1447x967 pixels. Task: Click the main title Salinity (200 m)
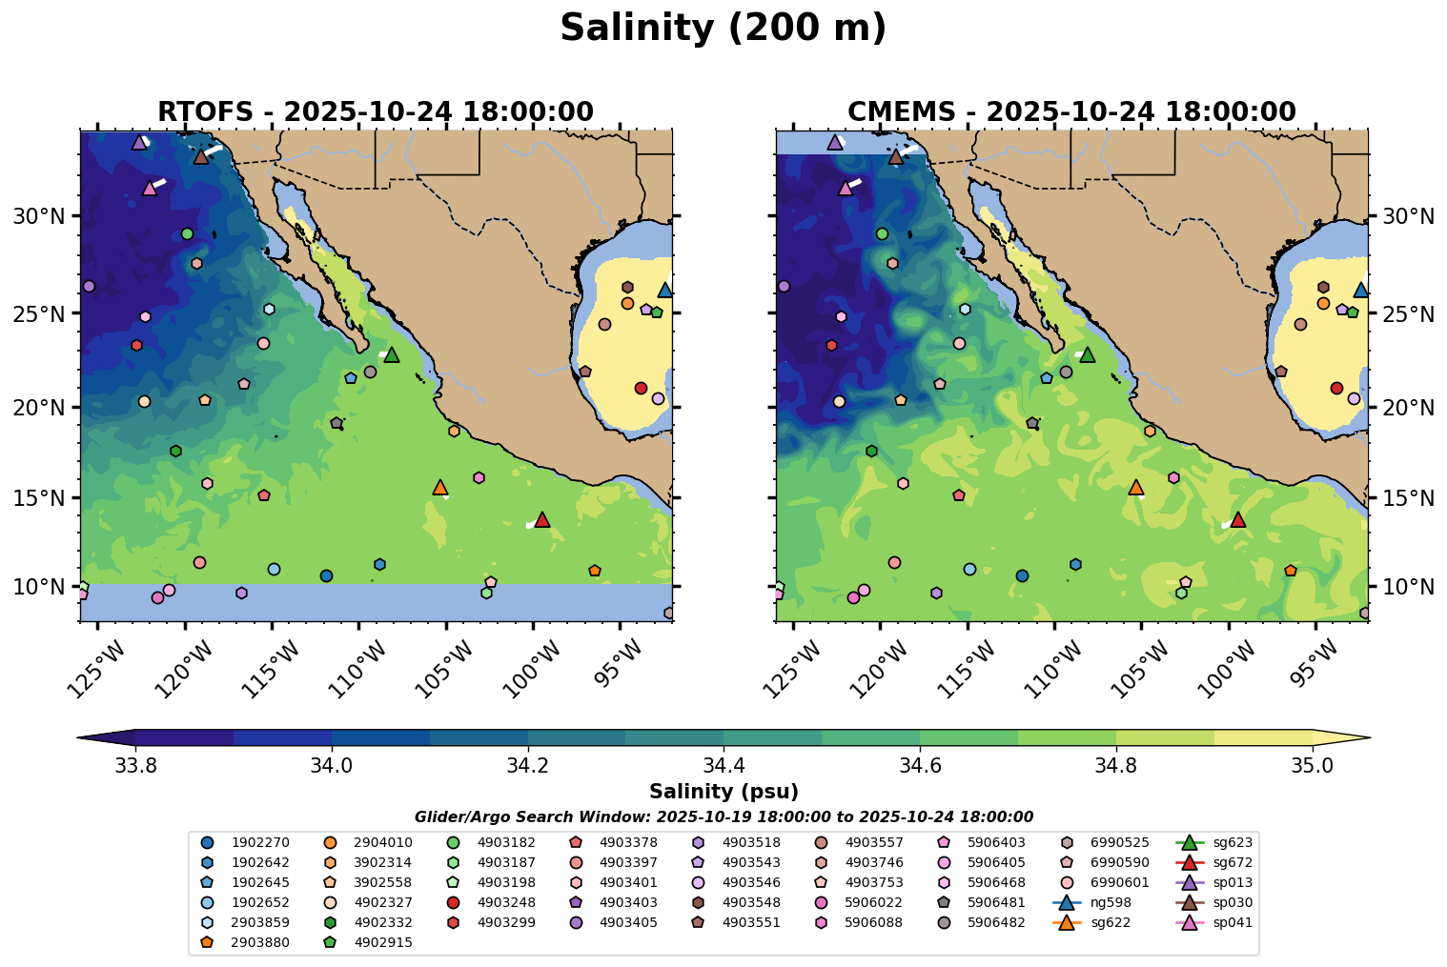coord(723,29)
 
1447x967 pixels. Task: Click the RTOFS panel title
coord(376,111)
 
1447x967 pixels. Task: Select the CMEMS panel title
coord(1071,111)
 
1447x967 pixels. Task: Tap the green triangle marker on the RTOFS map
coord(391,355)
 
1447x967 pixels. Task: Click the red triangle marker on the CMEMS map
coord(1238,519)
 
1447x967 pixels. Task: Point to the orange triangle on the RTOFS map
coord(440,487)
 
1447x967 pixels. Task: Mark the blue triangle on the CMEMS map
coord(1360,291)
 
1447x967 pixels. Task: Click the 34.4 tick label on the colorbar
coord(723,766)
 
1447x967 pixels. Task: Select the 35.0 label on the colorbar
coord(1313,766)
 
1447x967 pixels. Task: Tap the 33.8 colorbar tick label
coord(135,766)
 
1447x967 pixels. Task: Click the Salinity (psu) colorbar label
coord(723,792)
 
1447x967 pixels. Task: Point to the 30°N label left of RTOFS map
coord(39,216)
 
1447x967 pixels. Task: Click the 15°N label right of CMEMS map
coord(1408,498)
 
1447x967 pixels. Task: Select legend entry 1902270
coord(254,842)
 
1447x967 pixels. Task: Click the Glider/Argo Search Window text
coord(723,816)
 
